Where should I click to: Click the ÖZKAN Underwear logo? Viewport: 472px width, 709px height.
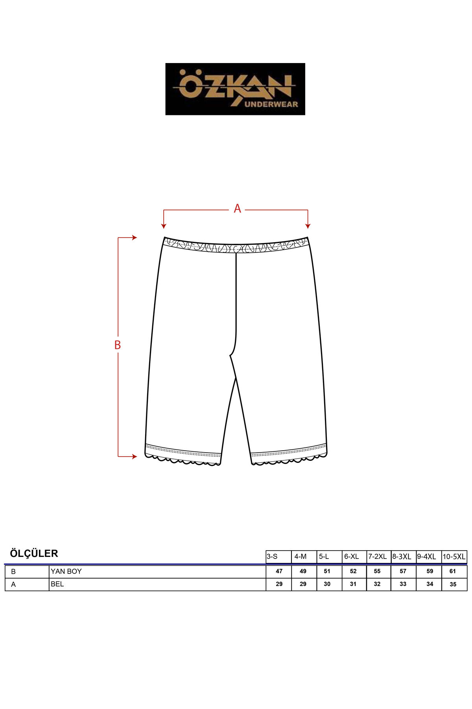pyautogui.click(x=235, y=89)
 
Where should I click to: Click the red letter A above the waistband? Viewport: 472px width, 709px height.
pyautogui.click(x=237, y=208)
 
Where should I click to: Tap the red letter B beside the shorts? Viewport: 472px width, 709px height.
pyautogui.click(x=117, y=345)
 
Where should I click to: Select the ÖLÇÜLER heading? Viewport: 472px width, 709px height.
pyautogui.click(x=34, y=553)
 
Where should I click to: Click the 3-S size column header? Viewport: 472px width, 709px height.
pyautogui.click(x=272, y=557)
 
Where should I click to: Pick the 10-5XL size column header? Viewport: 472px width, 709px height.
pyautogui.click(x=454, y=557)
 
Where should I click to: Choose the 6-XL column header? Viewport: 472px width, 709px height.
pyautogui.click(x=352, y=557)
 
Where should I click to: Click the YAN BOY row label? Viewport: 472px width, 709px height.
pyautogui.click(x=66, y=571)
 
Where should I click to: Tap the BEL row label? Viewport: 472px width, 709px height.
pyautogui.click(x=57, y=584)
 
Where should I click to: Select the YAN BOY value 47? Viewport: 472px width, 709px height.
pyautogui.click(x=279, y=571)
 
